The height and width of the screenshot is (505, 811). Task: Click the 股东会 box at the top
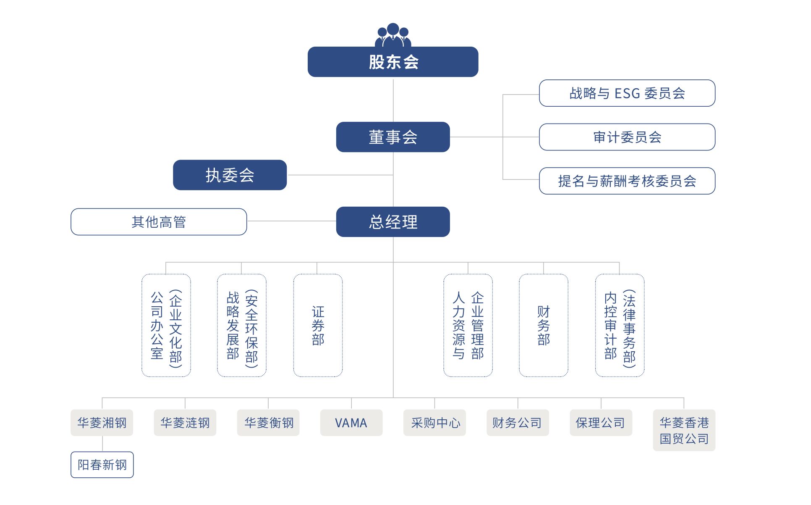393,62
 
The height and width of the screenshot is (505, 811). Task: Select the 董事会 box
393,137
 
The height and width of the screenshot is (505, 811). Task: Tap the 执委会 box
230,175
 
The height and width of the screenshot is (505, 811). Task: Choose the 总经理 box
393,222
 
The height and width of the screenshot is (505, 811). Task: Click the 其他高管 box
159,222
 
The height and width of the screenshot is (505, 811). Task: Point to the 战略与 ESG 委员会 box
627,93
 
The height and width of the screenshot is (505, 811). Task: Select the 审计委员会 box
627,137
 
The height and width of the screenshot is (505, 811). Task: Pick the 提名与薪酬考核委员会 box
627,181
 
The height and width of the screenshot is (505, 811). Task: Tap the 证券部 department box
318,326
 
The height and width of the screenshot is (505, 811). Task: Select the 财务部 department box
544,326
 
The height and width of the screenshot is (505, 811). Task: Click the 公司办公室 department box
166,326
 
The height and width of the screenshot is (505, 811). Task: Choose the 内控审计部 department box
620,326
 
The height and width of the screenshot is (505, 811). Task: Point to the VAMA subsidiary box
351,423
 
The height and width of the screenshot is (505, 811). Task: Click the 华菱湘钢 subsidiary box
102,423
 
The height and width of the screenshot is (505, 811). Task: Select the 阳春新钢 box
102,465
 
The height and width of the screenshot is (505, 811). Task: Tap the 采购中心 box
434,423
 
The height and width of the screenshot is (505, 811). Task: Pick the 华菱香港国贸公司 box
684,430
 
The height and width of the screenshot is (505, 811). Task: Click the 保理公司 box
601,423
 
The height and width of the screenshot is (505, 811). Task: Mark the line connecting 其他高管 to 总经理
291,221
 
